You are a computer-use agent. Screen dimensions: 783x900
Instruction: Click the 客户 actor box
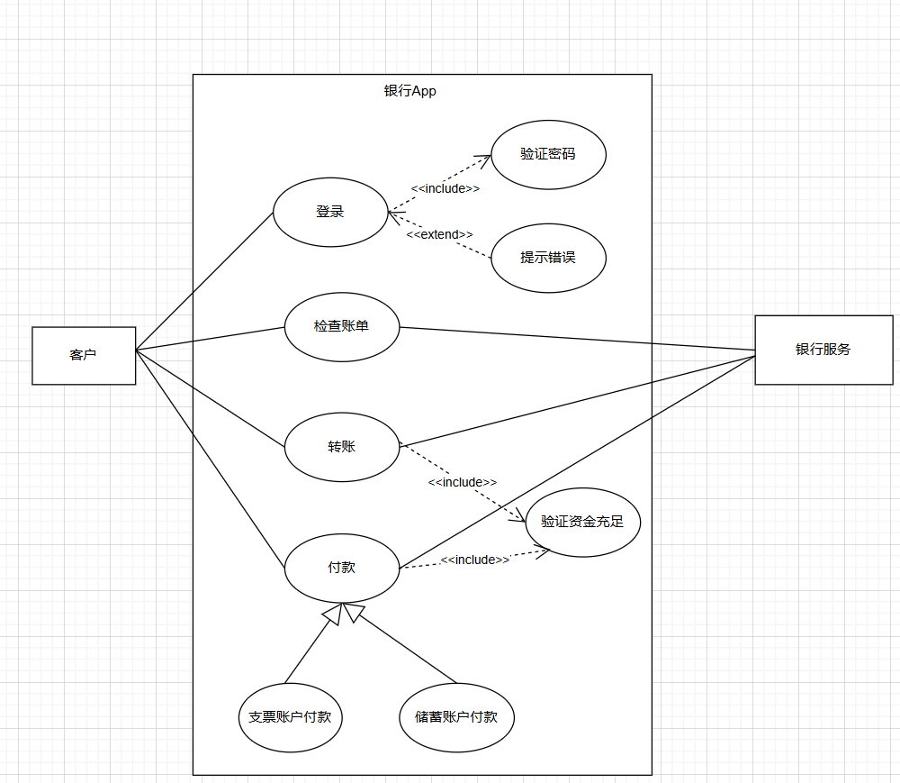84,355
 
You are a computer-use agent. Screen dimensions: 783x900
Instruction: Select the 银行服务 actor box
823,350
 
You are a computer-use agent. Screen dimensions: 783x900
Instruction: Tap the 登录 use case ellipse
330,213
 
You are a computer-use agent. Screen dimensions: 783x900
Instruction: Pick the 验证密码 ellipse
548,154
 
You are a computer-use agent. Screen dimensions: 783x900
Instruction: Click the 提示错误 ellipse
548,258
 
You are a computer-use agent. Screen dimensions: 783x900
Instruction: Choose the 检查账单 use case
342,326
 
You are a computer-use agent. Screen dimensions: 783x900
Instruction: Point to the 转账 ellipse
342,447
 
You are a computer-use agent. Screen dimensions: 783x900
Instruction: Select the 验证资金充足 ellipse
582,522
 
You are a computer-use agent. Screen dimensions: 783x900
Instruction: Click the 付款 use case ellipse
342,568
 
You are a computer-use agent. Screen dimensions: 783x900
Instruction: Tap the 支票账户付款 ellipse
290,718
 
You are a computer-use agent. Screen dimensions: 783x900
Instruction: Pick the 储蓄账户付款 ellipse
456,718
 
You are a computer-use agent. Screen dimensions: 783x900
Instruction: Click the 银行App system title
409,91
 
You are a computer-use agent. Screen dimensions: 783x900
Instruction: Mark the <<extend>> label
439,234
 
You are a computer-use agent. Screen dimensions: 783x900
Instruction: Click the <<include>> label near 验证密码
445,189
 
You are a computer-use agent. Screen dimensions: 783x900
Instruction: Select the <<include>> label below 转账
462,483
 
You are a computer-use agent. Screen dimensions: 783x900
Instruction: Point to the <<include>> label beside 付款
474,560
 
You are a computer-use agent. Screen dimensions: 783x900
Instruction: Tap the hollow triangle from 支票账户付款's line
332,615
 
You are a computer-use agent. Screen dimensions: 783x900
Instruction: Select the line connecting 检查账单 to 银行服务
576,338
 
